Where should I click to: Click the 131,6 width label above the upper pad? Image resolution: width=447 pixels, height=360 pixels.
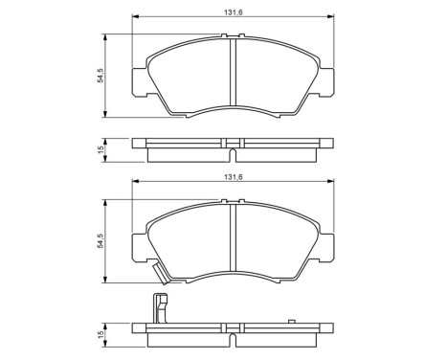point(234,11)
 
